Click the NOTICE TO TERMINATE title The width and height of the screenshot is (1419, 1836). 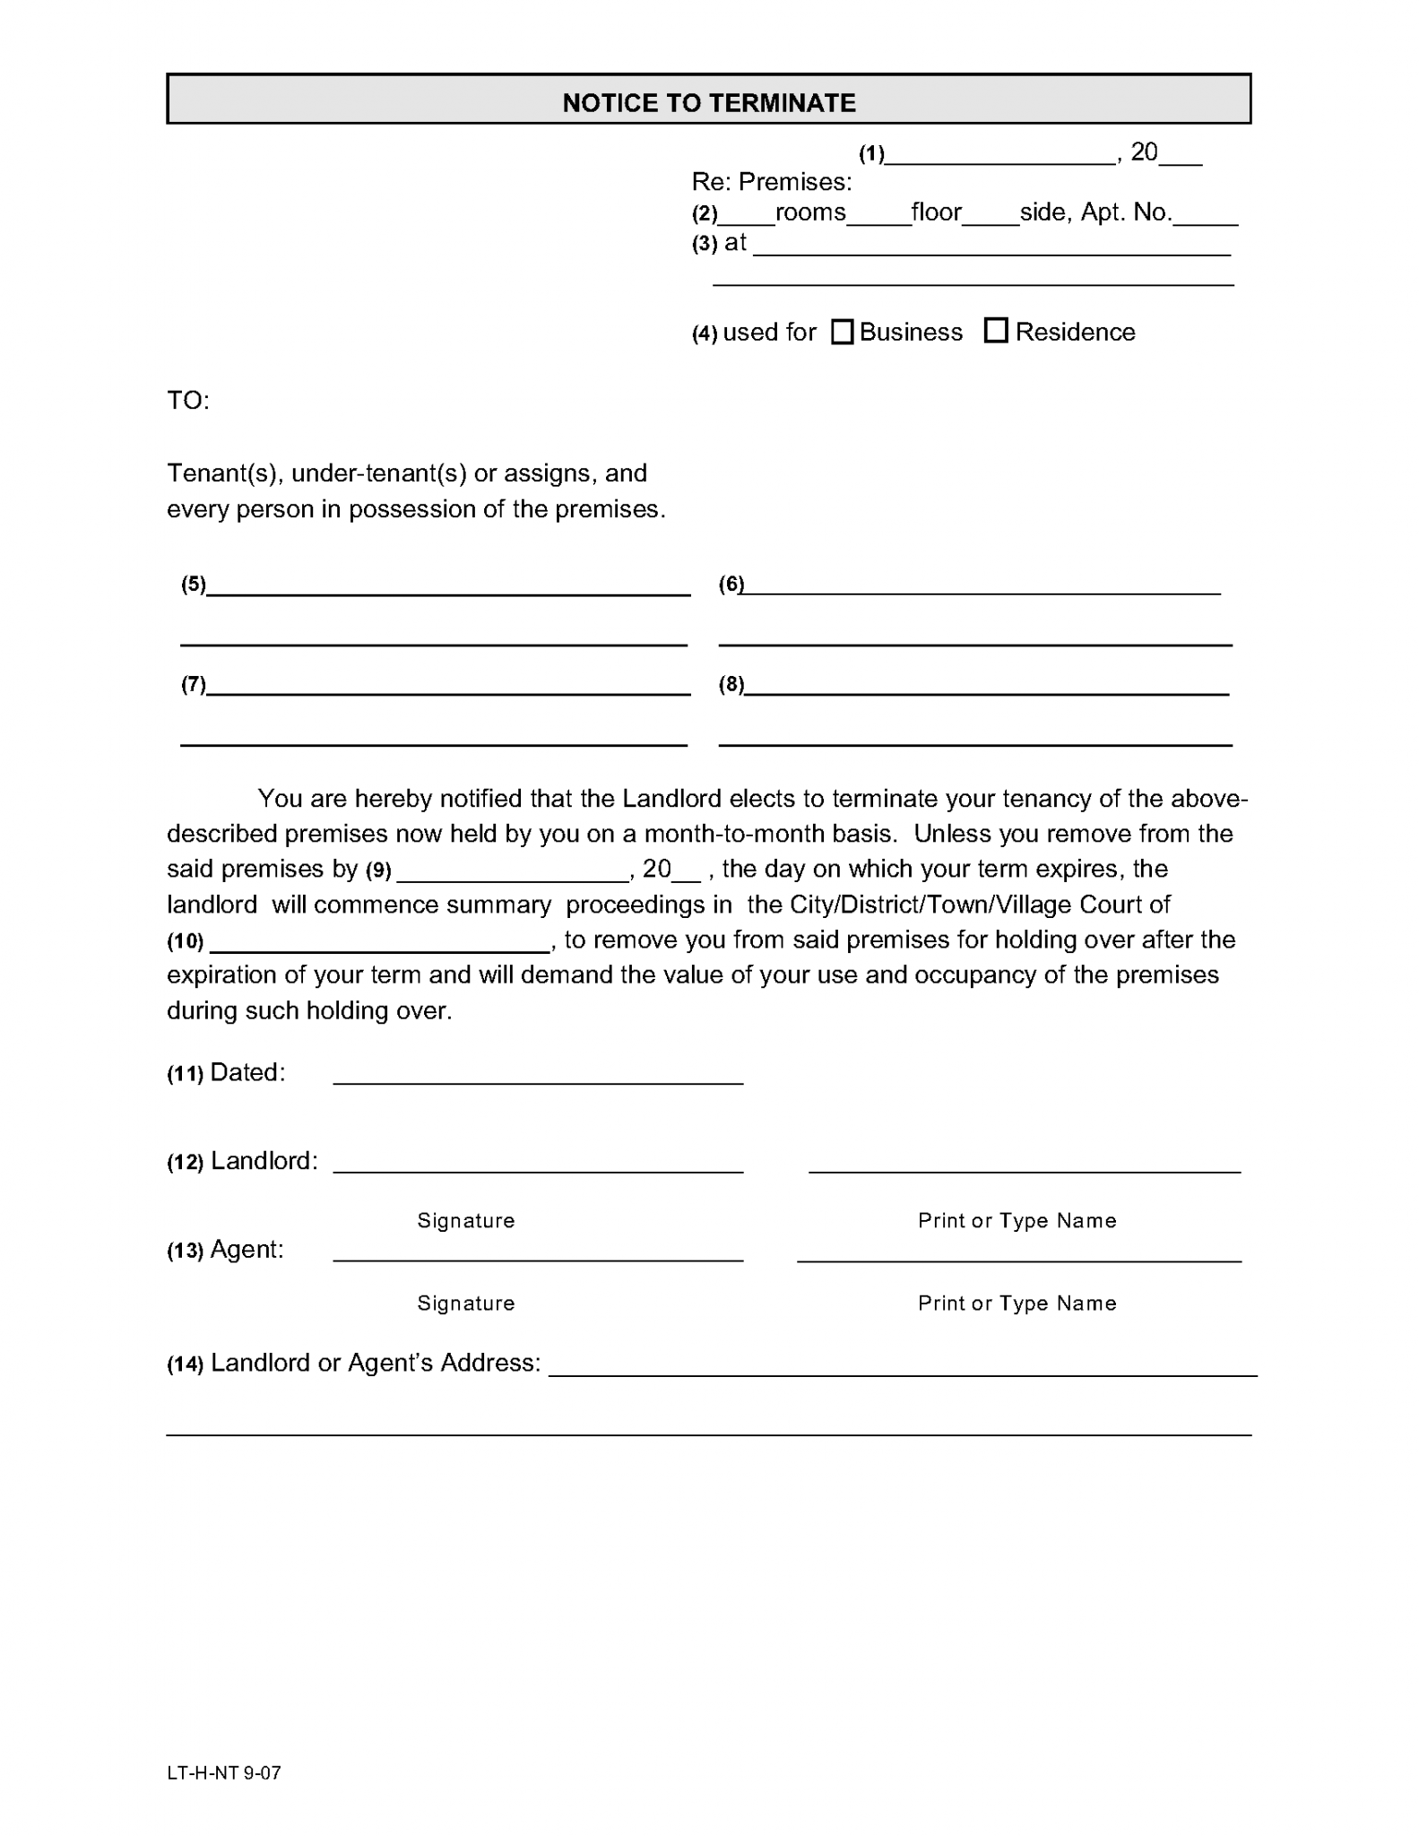(x=708, y=102)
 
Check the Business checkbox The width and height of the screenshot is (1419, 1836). (x=842, y=332)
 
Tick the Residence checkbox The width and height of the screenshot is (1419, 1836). (x=995, y=331)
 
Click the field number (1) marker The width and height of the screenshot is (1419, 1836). (x=871, y=154)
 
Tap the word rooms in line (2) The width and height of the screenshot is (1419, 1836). (x=809, y=212)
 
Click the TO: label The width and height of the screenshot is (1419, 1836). (x=188, y=400)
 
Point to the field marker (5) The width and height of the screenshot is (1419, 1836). (x=194, y=585)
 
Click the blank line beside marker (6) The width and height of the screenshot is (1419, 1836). (x=982, y=586)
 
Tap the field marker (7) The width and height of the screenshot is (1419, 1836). (x=194, y=685)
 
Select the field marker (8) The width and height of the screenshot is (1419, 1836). (x=731, y=685)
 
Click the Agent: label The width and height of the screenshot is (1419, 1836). (x=247, y=1250)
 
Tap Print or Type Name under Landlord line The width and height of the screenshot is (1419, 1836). (x=1017, y=1220)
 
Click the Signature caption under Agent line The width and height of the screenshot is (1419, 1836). (x=465, y=1303)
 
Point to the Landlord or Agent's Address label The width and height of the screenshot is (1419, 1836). (x=375, y=1363)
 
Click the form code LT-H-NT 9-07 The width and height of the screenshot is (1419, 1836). (x=224, y=1772)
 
